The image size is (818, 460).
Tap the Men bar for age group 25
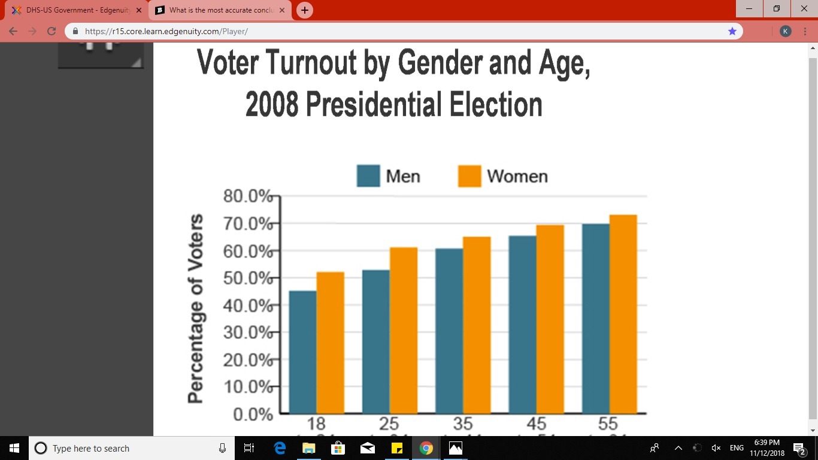pos(376,341)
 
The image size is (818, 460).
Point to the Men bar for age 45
pos(522,324)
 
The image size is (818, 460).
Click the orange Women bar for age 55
pos(623,314)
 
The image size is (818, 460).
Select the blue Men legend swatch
pos(368,176)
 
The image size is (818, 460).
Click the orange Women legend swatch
pos(469,176)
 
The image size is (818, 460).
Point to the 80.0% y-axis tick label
pos(247,196)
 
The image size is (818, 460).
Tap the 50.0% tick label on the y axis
pos(247,278)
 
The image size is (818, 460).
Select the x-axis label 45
pos(536,423)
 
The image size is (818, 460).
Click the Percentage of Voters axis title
pos(195,308)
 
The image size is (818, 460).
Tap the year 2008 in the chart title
pos(271,104)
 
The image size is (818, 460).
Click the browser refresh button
pos(51,31)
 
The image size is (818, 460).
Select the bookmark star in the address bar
pos(732,31)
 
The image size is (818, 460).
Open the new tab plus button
pos(305,10)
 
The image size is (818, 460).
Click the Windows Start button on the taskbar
pos(14,448)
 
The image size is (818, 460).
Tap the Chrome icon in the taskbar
pos(426,448)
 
